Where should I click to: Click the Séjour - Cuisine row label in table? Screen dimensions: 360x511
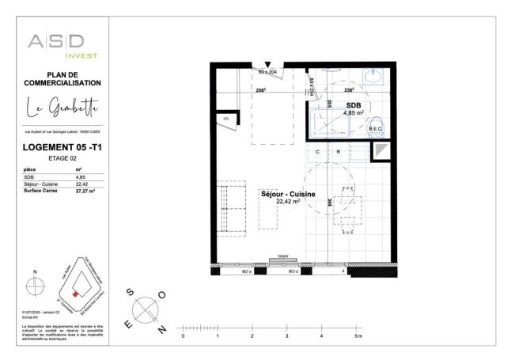pos(40,184)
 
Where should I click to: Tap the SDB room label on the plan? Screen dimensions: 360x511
pos(353,105)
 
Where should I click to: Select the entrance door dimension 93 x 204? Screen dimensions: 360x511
pos(268,72)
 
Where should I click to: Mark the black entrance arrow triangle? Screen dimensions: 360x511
pos(268,64)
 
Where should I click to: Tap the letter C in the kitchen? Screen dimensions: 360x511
pos(318,151)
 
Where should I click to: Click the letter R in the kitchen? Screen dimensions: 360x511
pos(338,151)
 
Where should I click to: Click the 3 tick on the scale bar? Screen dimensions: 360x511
pos(286,336)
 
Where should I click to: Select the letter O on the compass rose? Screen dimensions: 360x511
pos(162,294)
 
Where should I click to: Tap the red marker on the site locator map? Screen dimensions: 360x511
pos(76,294)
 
